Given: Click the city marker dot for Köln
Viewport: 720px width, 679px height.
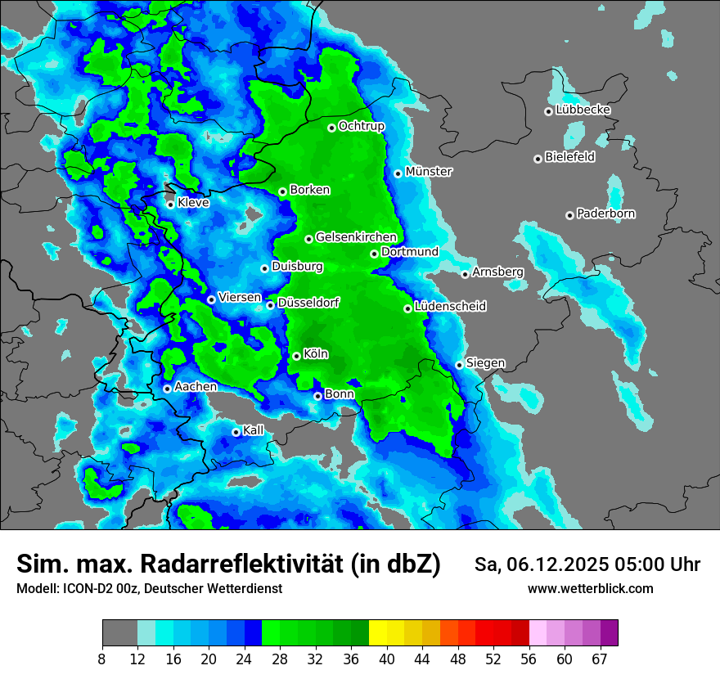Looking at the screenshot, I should (x=296, y=356).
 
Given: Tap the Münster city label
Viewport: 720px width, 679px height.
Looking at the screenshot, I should (x=429, y=172).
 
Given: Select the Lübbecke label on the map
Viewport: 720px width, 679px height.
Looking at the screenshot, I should (x=583, y=110).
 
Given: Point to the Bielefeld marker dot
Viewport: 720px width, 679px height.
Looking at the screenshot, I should (x=538, y=159).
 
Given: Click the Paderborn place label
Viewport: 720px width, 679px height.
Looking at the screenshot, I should (x=605, y=214).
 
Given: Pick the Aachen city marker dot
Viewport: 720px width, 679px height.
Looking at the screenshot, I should (x=167, y=389).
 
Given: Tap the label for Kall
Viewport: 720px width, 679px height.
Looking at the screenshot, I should (x=254, y=430).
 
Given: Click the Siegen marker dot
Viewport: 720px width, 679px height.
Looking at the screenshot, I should (x=460, y=365).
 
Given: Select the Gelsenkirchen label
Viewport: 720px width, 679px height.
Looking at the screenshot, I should (x=356, y=237).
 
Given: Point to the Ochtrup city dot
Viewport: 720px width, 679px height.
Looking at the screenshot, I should (x=331, y=128).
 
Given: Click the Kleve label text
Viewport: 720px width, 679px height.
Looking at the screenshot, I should (x=193, y=203).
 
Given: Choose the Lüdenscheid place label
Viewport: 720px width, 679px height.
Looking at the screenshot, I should (x=450, y=306).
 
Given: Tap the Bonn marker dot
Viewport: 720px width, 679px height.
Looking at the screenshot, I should (x=318, y=396).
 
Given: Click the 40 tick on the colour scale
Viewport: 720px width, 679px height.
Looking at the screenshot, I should (x=387, y=659).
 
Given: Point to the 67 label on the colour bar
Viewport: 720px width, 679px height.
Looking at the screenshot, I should (x=600, y=659).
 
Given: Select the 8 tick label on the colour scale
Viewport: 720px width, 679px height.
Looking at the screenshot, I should (x=102, y=659).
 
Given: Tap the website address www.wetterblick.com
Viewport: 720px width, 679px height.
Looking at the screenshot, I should (x=590, y=588).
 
